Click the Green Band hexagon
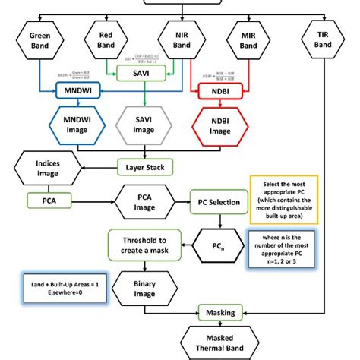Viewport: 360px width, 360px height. point(39,41)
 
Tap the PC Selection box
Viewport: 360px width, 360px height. point(219,202)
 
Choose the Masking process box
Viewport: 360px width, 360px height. point(219,311)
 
